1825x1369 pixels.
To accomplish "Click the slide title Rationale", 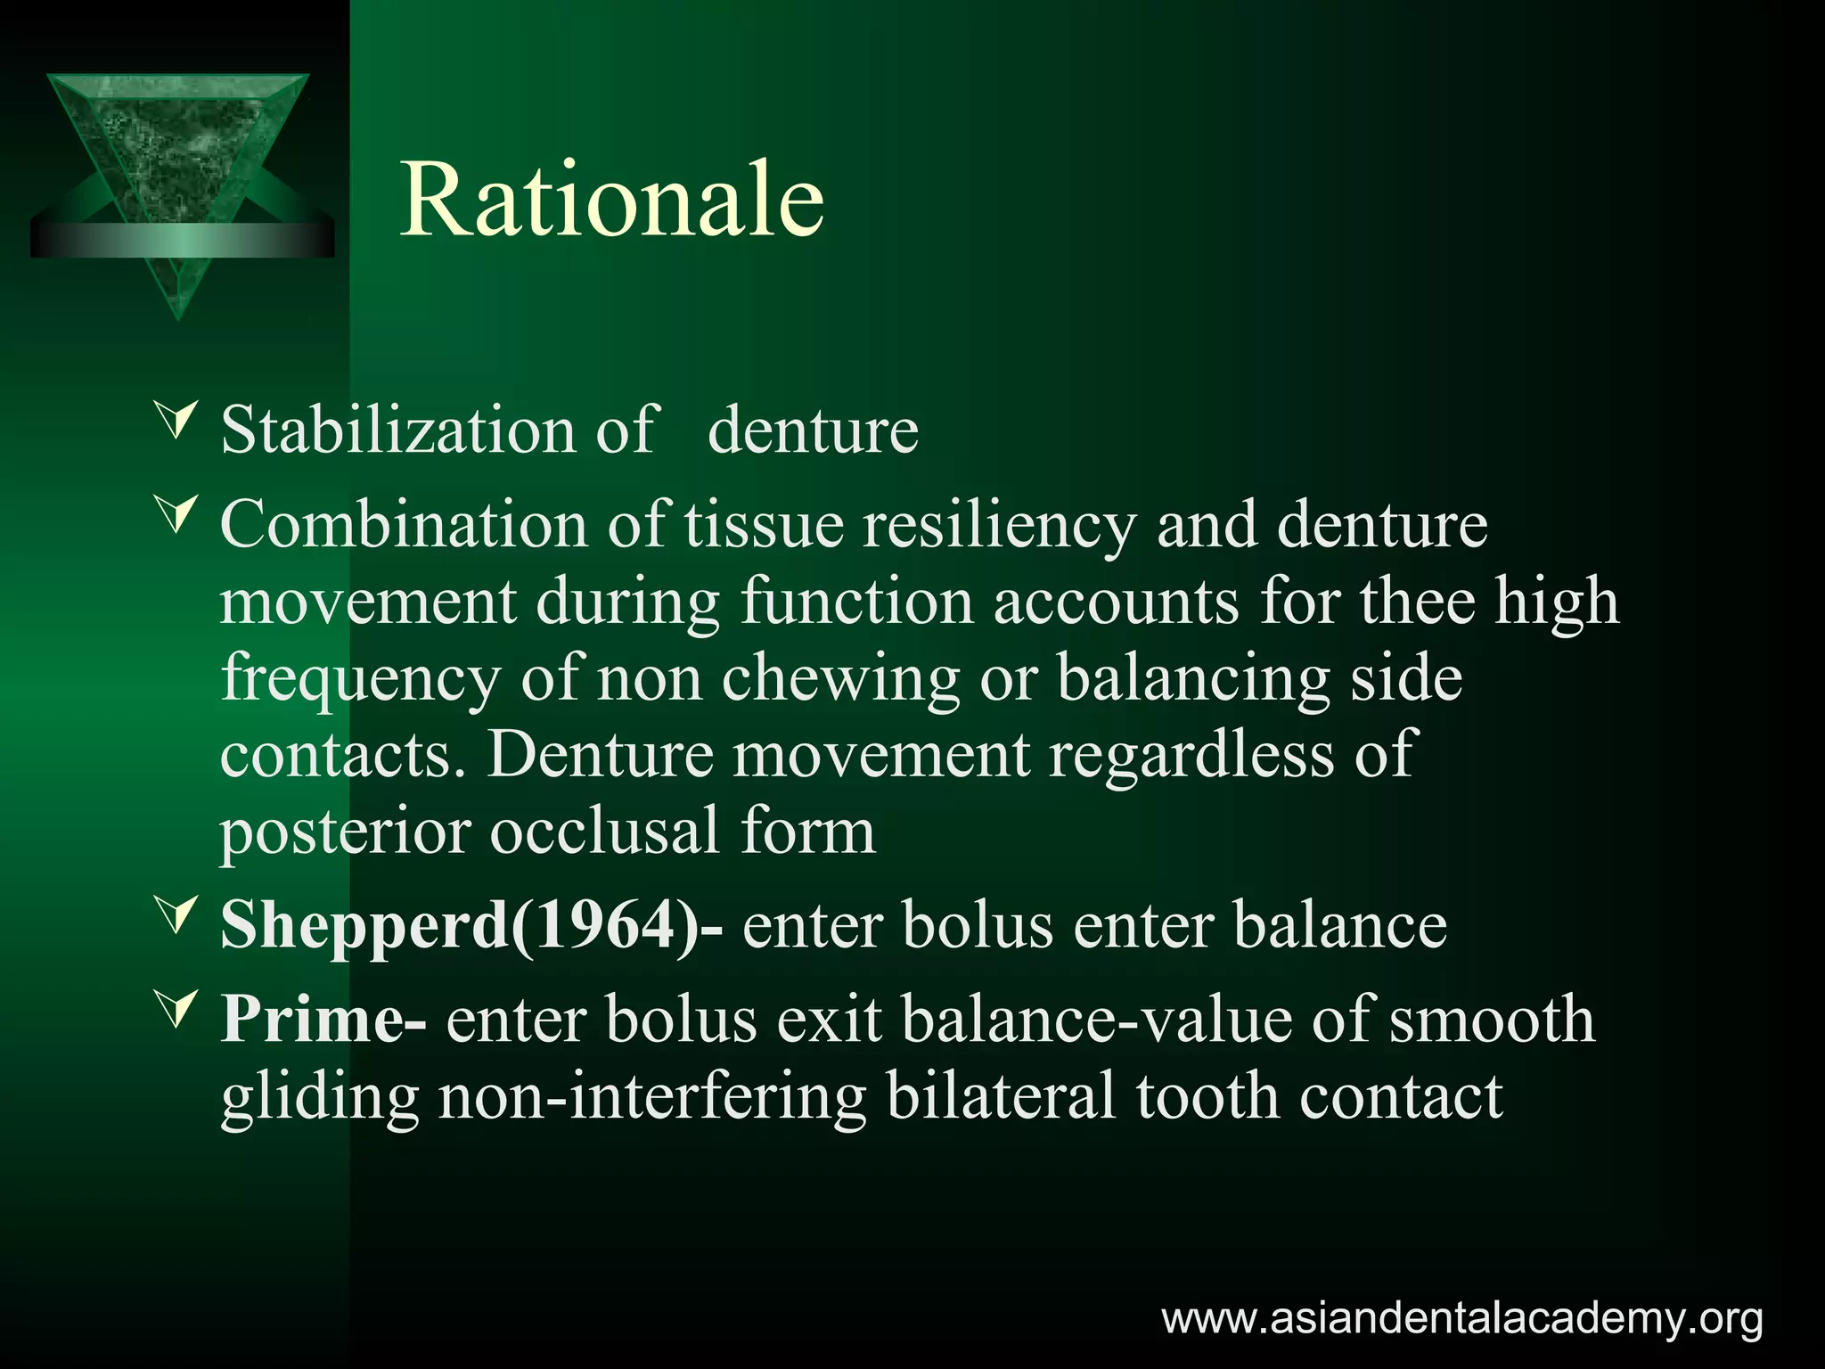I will click(x=612, y=200).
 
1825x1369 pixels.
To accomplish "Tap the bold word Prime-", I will click(x=323, y=1019).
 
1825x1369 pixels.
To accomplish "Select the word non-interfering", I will click(x=652, y=1096).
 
